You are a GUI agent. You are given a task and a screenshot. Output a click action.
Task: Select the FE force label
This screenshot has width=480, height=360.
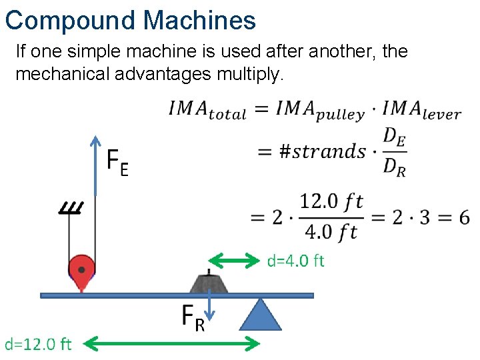118,163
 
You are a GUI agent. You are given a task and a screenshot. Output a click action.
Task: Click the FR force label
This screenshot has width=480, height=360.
193,318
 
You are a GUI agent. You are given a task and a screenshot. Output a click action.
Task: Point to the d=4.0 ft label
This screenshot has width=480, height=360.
295,260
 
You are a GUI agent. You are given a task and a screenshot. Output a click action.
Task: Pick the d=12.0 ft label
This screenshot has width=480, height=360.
39,344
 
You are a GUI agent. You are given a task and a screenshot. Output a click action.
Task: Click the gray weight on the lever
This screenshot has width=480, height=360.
209,283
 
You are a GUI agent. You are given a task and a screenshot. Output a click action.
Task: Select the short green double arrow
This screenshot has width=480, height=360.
234,260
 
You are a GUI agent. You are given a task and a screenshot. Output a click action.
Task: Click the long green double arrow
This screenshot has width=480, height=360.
175,344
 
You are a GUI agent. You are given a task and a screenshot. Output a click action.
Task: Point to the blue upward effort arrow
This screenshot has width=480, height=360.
96,167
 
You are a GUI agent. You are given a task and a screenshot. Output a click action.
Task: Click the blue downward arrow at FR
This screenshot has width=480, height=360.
210,307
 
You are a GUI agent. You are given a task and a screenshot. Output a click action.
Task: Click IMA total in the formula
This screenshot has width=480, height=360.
207,111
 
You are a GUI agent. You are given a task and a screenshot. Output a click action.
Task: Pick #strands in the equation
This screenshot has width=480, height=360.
321,151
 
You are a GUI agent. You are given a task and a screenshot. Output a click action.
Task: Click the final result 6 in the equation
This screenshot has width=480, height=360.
463,217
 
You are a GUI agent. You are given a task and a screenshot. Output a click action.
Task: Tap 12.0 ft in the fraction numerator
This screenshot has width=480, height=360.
331,201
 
